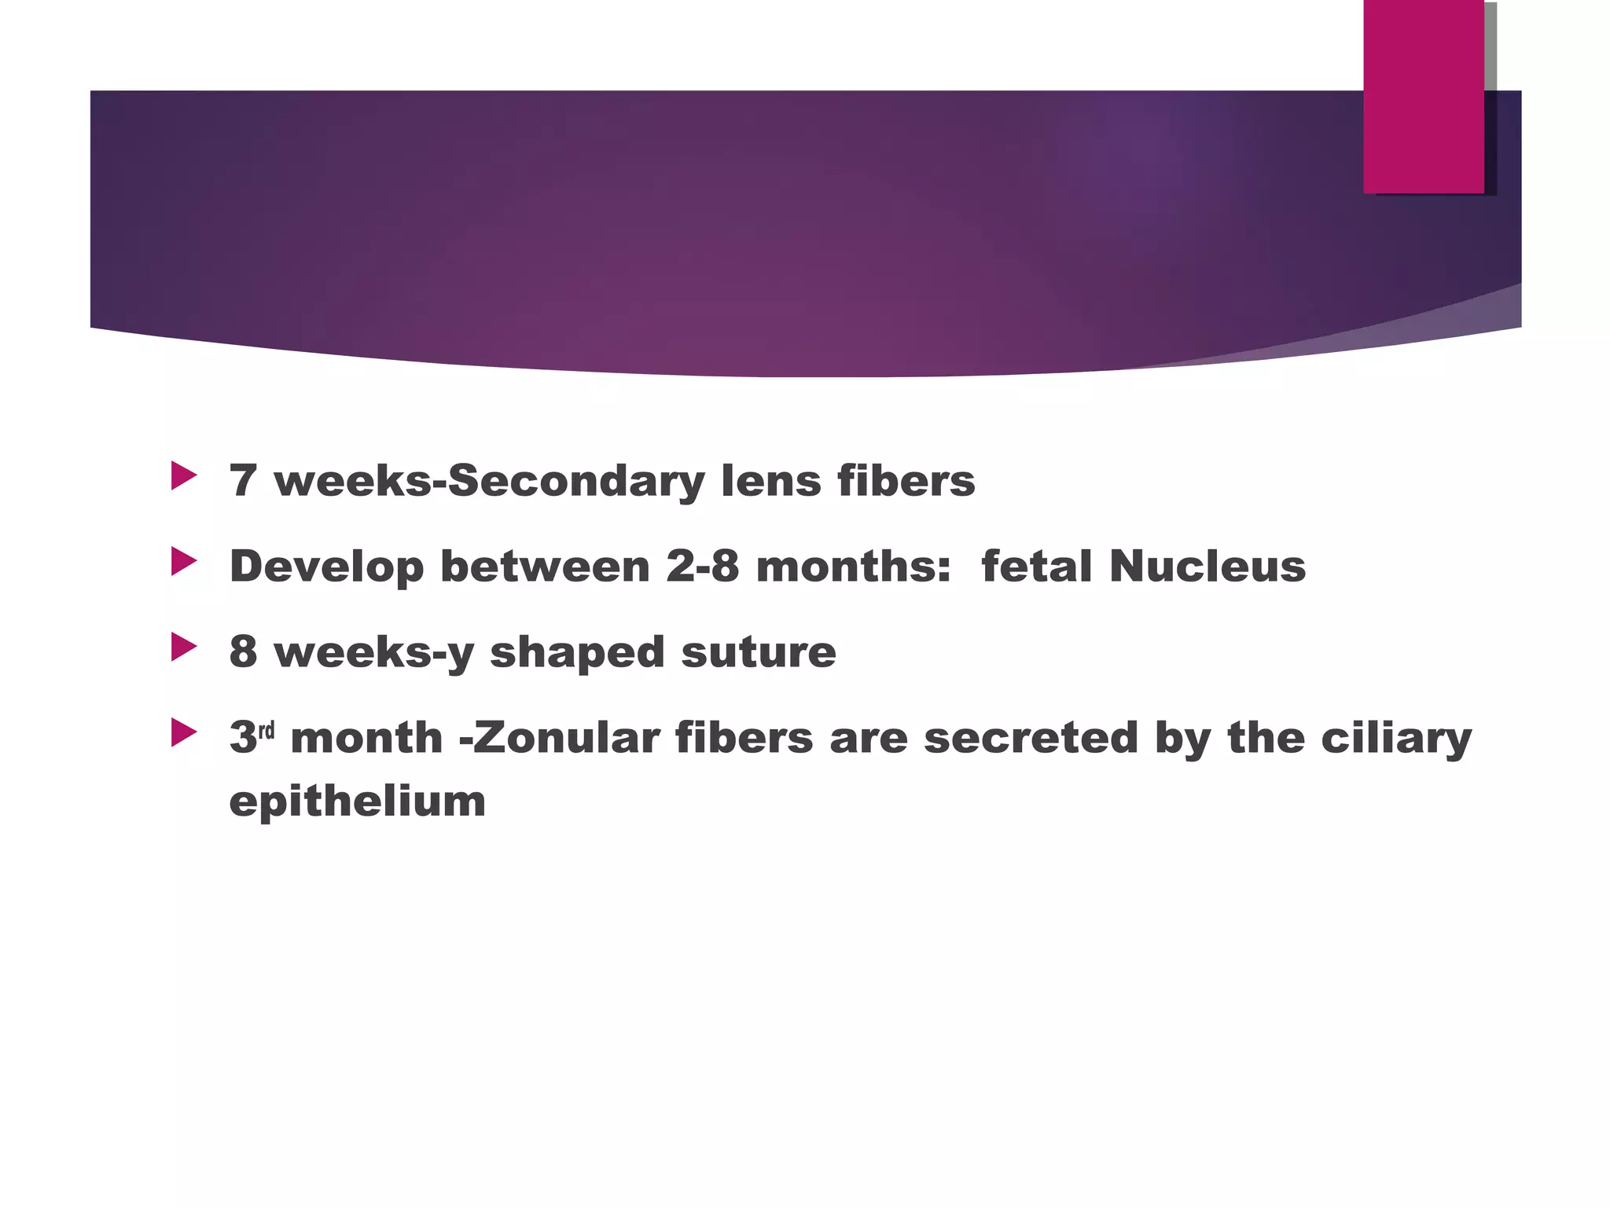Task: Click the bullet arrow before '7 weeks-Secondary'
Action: pyautogui.click(x=184, y=476)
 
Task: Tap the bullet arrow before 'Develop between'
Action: pyautogui.click(x=184, y=562)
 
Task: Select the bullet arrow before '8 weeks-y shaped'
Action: pyautogui.click(x=184, y=648)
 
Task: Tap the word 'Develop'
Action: pyautogui.click(x=326, y=567)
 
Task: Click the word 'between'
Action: pyautogui.click(x=545, y=566)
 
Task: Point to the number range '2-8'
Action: pyautogui.click(x=702, y=566)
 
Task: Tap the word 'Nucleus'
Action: pyautogui.click(x=1207, y=566)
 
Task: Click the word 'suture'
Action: pyautogui.click(x=758, y=652)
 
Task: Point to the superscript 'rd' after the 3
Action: pyautogui.click(x=266, y=731)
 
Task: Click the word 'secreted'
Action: pyautogui.click(x=1031, y=738)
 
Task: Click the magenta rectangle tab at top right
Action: pyautogui.click(x=1423, y=97)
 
